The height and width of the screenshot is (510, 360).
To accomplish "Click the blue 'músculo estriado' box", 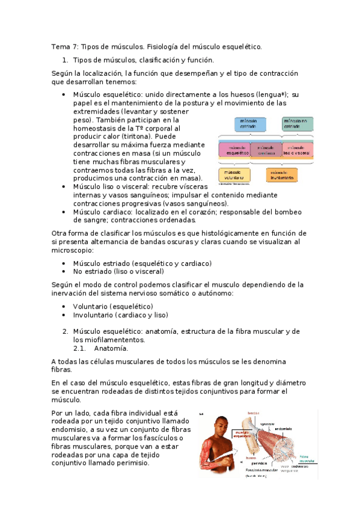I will tap(250, 124).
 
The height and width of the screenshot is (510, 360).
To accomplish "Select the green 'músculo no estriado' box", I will tap(298, 124).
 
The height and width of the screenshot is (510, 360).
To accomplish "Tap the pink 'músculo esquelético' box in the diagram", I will tap(234, 150).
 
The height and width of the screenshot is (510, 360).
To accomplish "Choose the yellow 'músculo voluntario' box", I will tap(234, 175).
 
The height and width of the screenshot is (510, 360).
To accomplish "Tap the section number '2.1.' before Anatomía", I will tap(80, 348).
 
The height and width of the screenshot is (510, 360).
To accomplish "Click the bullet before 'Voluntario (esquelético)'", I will tap(64, 306).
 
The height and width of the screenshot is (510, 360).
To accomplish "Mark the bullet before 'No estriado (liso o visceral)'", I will tap(64, 271).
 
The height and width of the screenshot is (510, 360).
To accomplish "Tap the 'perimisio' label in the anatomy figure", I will tap(259, 463).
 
